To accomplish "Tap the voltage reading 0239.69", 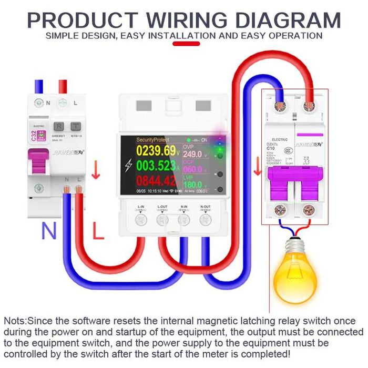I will pyautogui.click(x=156, y=151).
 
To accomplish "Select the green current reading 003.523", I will pyautogui.click(x=156, y=166).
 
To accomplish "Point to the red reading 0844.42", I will pyautogui.click(x=156, y=182).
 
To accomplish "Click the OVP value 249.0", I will pyautogui.click(x=192, y=155).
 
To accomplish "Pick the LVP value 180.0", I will pyautogui.click(x=192, y=185).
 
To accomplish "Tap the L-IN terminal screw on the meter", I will pyautogui.click(x=141, y=219).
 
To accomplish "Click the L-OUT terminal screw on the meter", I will pyautogui.click(x=162, y=219).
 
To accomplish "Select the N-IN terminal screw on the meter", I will pyautogui.click(x=184, y=219).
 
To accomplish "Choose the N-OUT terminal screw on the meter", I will pyautogui.click(x=206, y=219).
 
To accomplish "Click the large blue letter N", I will pyautogui.click(x=49, y=231).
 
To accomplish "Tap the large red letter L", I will pyautogui.click(x=98, y=231).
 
